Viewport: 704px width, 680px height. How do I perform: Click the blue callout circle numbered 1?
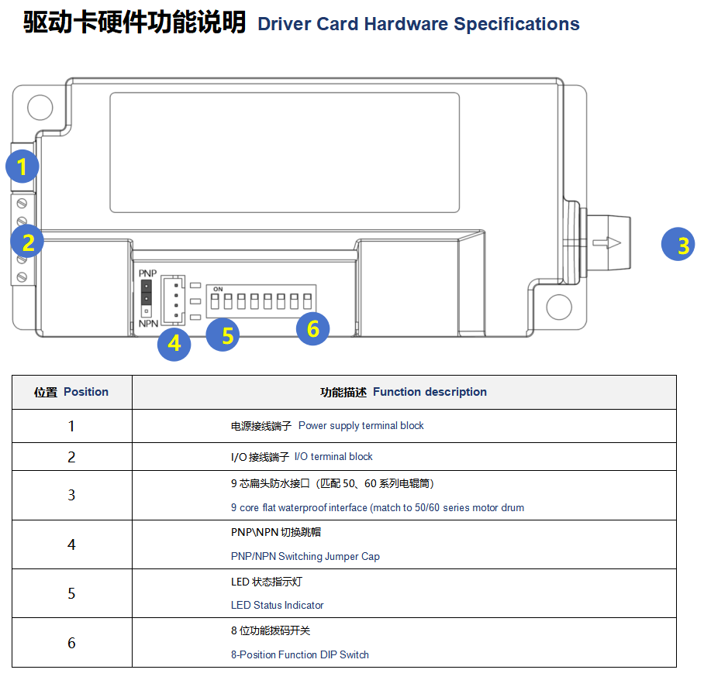22,167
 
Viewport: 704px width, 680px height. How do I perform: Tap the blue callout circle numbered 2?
28,242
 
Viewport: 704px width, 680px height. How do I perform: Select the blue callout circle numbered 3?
678,245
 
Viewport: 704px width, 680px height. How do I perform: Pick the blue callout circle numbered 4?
174,343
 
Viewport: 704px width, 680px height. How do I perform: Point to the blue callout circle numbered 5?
223,335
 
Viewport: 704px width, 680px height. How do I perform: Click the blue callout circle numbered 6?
312,328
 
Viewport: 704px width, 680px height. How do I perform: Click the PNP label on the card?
147,275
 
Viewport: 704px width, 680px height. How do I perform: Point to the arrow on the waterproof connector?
606,243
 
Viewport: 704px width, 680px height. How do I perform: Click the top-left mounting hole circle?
39,108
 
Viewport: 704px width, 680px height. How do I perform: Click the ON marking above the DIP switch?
218,288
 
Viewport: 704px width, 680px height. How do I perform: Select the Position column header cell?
71,392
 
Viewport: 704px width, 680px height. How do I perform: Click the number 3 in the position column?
71,495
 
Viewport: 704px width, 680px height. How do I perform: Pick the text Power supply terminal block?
361,425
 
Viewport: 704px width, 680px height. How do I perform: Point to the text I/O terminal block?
333,456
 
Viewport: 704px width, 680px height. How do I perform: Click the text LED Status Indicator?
277,605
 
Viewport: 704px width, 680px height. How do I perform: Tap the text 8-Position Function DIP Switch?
299,654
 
